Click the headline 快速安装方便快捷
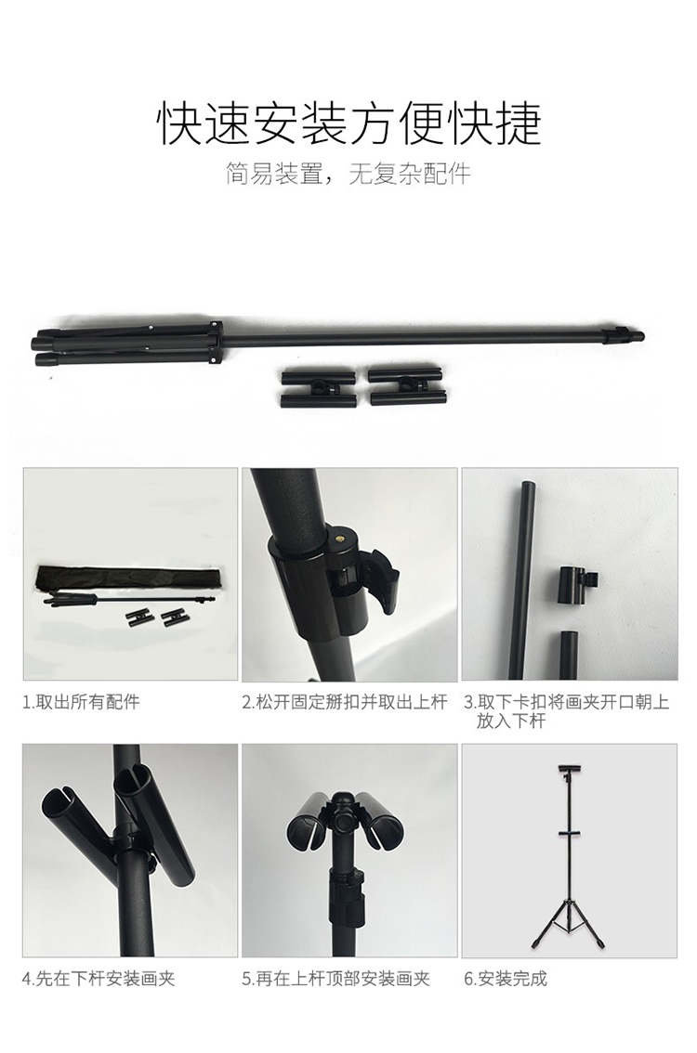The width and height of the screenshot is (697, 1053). coord(348,123)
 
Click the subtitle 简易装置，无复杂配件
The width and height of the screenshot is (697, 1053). coord(348,174)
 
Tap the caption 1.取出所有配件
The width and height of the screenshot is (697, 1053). coord(82,702)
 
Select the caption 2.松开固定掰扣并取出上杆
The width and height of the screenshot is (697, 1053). coord(345,702)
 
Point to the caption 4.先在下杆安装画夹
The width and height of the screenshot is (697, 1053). coord(99,979)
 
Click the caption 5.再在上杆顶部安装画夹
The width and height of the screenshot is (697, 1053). coord(336,979)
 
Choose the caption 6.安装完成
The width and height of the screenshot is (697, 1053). coord(506,979)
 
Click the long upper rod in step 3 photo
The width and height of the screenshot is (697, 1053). coord(523,578)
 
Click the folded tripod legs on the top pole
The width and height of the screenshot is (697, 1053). coord(127,343)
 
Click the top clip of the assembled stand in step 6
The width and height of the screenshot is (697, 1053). coord(570,768)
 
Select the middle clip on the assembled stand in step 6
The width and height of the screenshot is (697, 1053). coord(570,834)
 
